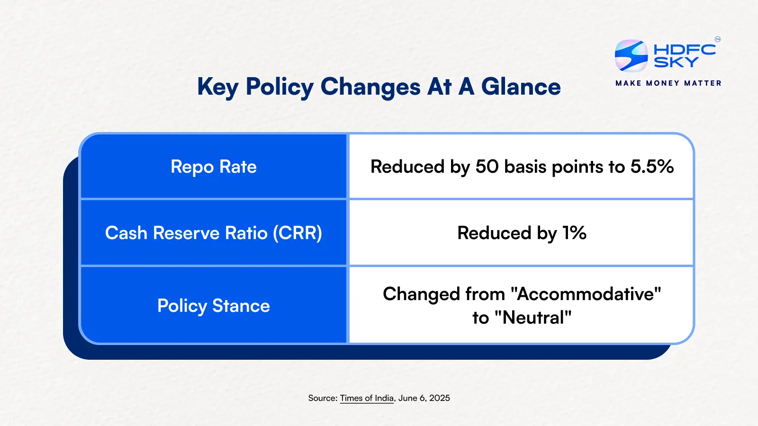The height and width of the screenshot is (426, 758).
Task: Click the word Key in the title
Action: click(217, 88)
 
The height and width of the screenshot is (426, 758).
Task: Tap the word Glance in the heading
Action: click(521, 87)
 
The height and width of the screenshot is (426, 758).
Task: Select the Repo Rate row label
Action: click(214, 167)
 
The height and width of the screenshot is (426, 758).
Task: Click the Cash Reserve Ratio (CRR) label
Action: click(214, 233)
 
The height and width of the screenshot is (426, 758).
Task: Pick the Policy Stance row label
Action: click(214, 306)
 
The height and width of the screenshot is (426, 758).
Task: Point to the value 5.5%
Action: click(652, 167)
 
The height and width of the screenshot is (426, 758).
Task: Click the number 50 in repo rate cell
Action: click(487, 167)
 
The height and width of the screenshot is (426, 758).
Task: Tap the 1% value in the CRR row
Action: click(574, 233)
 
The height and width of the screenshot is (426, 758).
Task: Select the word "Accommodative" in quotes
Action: click(586, 294)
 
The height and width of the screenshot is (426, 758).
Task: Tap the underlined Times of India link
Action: click(367, 398)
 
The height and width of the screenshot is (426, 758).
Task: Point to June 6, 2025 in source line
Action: click(424, 398)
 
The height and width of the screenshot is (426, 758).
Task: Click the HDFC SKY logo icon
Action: click(631, 56)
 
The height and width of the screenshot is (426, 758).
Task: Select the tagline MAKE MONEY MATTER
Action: click(668, 83)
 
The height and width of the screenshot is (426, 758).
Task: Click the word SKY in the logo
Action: click(676, 62)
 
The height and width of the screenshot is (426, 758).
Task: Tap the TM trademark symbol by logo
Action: click(718, 40)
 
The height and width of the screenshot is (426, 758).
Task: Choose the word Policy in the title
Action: click(280, 88)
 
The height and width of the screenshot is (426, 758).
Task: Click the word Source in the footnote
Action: click(323, 398)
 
